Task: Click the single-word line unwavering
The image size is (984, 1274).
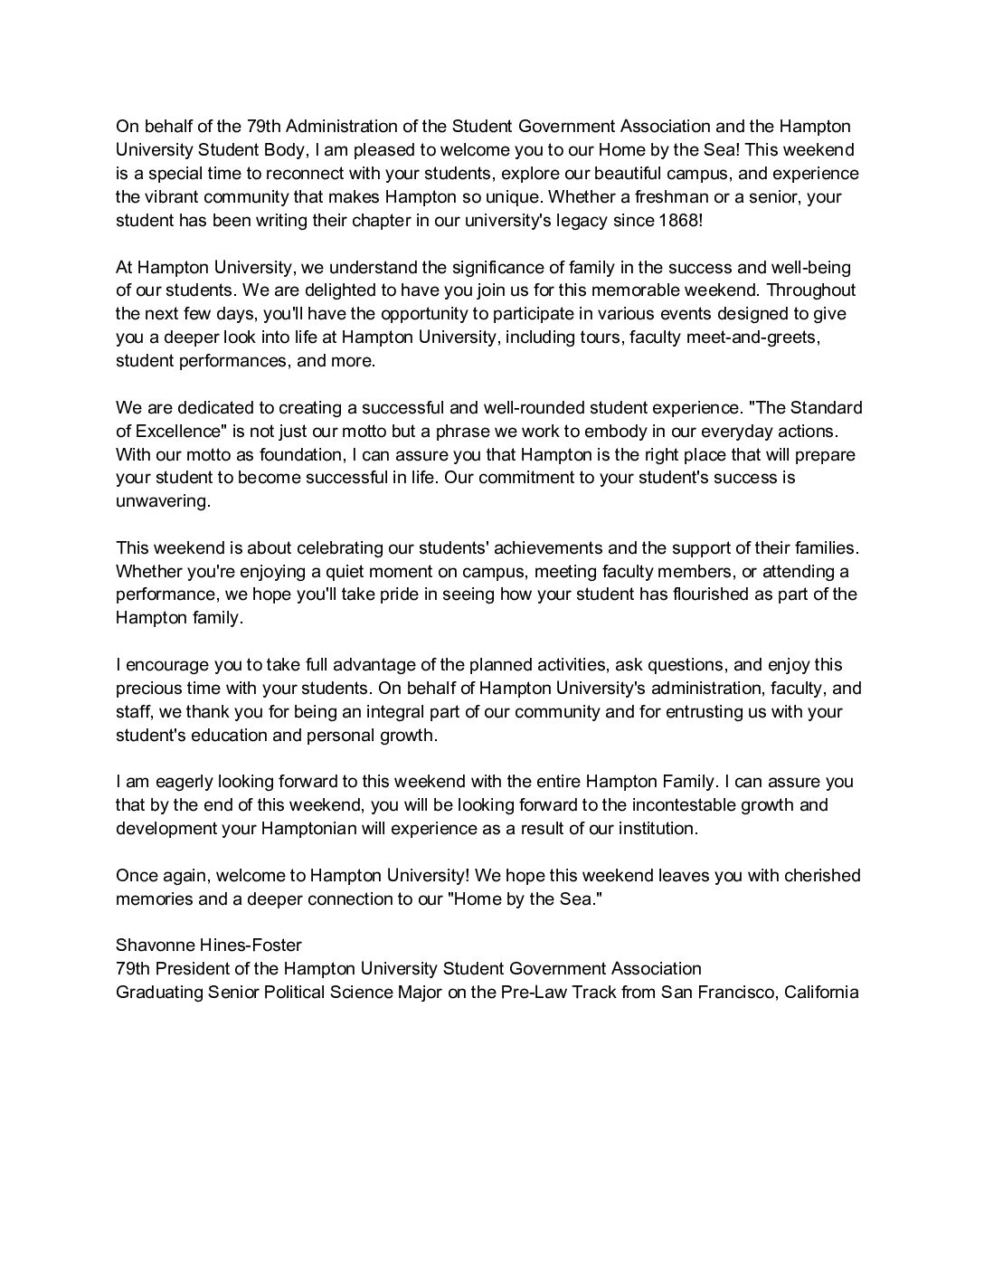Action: (163, 501)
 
